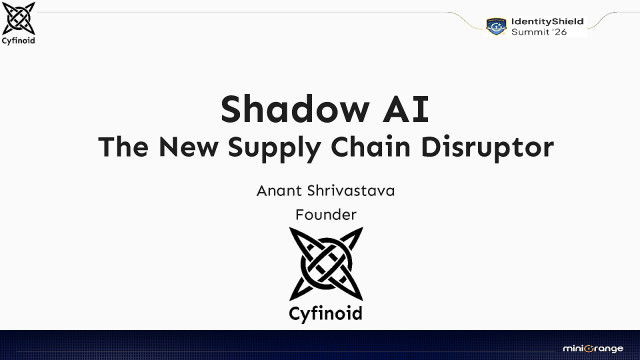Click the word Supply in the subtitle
[x=289, y=148]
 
